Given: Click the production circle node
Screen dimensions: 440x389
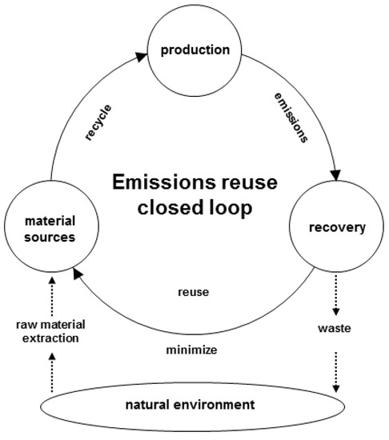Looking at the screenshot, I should (x=194, y=50).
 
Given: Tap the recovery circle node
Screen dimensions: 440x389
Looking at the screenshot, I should (x=337, y=228).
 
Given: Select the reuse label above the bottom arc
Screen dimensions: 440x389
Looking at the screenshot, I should (x=194, y=292).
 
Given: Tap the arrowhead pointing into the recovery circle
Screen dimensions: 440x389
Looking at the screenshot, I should (x=335, y=174).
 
